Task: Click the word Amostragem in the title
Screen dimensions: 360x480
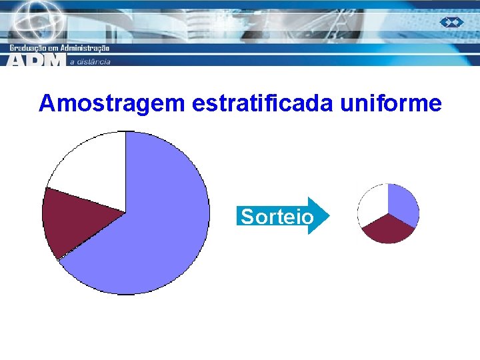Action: tap(112, 103)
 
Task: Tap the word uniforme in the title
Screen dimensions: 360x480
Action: tap(391, 103)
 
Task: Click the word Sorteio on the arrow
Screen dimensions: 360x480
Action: tap(277, 217)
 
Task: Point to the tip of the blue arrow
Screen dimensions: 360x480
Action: tap(329, 216)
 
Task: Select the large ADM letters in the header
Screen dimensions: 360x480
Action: tap(37, 60)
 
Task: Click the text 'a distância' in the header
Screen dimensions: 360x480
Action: tap(90, 62)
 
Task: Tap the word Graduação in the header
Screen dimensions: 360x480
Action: tap(31, 48)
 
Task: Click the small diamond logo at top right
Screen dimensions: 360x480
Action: tap(451, 22)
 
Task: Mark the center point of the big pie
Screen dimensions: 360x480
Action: tap(125, 213)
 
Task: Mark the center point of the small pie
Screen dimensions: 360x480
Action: tap(388, 214)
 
